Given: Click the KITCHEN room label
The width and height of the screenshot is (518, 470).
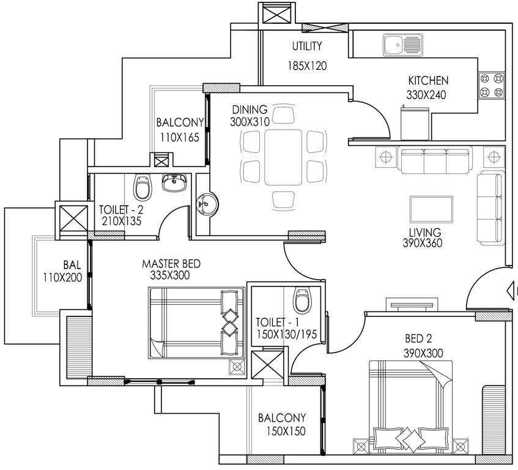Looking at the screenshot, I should click(428, 81).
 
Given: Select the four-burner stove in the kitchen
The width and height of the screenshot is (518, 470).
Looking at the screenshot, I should click(492, 86).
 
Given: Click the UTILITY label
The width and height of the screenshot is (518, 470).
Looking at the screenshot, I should click(306, 47).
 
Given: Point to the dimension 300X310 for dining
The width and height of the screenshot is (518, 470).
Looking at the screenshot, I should click(250, 122).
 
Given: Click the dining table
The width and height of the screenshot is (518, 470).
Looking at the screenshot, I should click(283, 158).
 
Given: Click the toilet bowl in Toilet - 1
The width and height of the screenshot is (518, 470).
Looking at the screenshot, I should click(302, 299).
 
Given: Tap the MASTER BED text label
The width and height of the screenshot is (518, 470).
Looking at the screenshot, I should click(171, 264).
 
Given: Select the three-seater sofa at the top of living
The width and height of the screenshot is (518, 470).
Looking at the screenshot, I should click(435, 160).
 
